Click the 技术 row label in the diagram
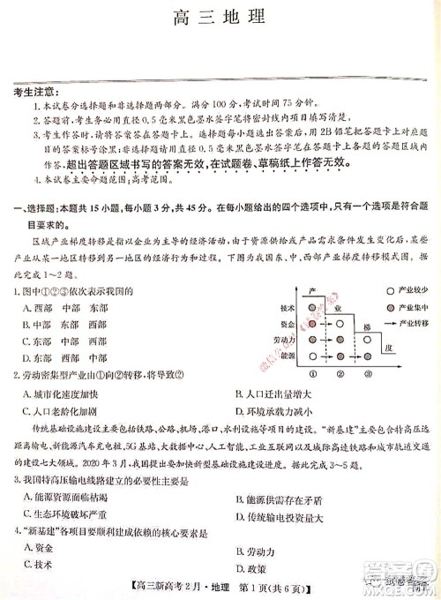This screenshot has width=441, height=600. [287, 308]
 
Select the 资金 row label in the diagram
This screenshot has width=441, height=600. [287, 324]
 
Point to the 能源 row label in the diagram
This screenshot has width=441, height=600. [287, 355]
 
